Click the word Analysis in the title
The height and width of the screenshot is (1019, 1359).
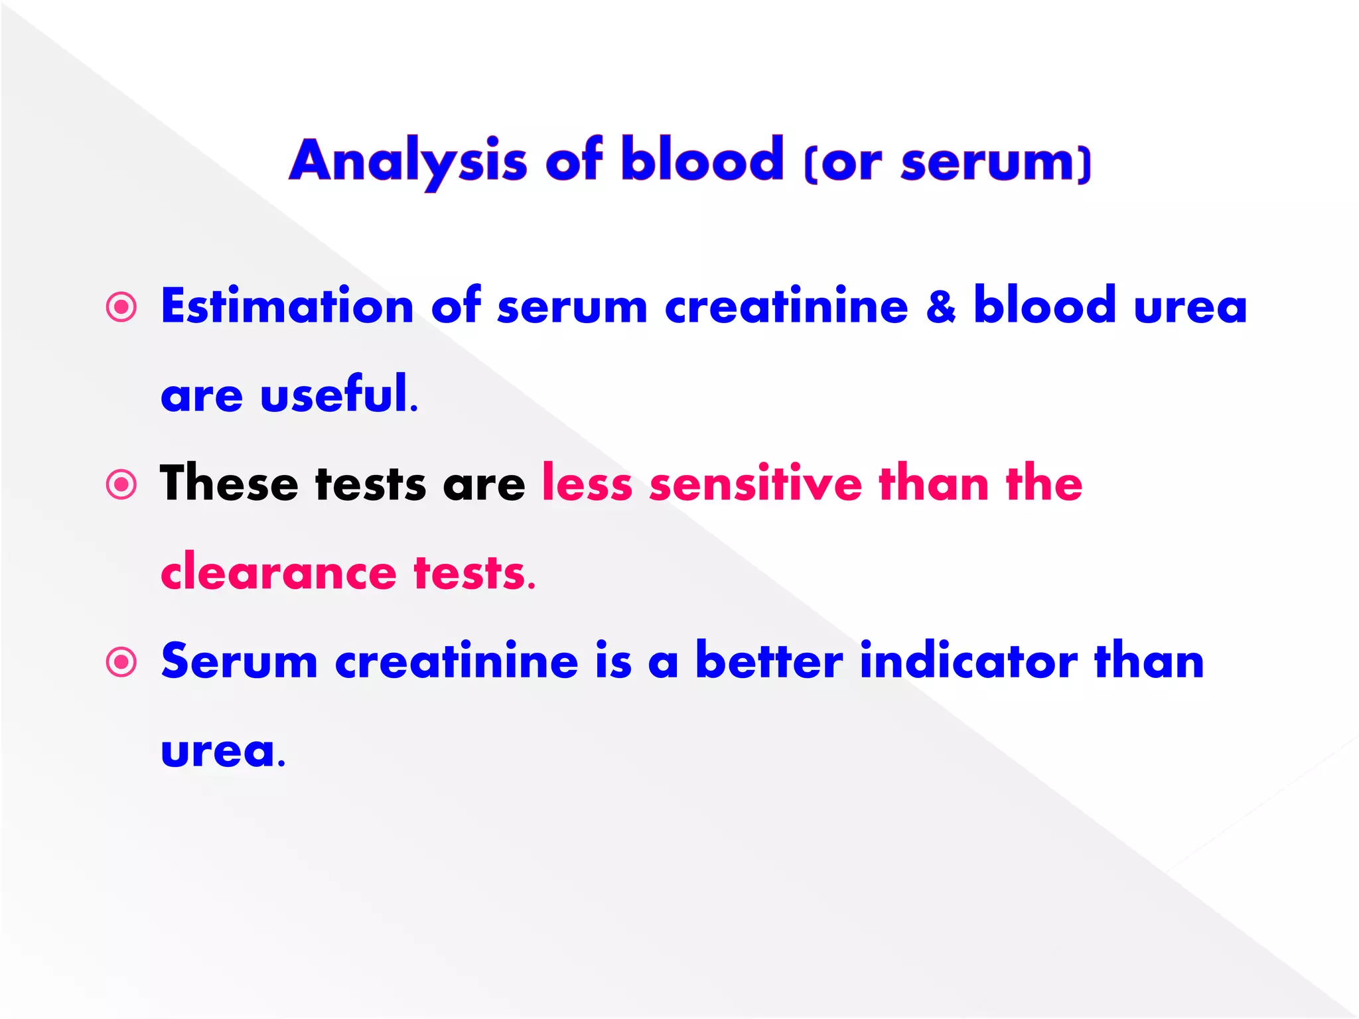(x=408, y=161)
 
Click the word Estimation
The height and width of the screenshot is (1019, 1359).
(x=287, y=306)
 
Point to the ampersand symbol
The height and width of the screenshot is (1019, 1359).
(x=940, y=306)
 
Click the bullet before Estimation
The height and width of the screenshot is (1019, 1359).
(x=121, y=307)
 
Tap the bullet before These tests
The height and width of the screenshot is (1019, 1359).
(x=121, y=485)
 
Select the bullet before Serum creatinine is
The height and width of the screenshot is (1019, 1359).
(x=121, y=662)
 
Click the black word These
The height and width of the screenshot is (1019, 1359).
(x=229, y=484)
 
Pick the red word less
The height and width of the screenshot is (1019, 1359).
(x=587, y=484)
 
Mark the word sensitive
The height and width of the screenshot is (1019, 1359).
(x=756, y=484)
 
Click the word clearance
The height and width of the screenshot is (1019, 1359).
(x=279, y=573)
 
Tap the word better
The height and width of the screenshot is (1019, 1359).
(x=769, y=661)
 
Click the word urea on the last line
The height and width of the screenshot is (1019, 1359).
(x=218, y=752)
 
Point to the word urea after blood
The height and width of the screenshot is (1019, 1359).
(x=1190, y=306)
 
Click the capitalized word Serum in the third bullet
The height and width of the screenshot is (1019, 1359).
(x=239, y=661)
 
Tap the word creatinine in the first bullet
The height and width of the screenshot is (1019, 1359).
(x=786, y=306)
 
